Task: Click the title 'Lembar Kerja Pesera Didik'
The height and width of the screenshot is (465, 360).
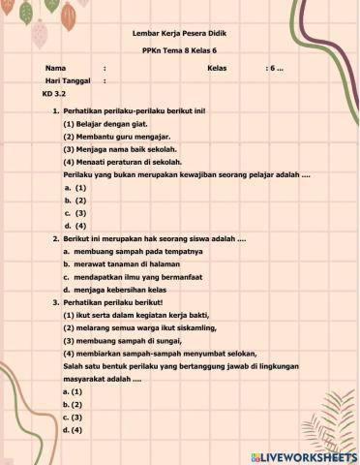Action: pos(180,32)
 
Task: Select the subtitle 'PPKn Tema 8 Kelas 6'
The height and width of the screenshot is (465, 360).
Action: pos(180,50)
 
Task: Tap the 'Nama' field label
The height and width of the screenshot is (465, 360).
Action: pos(55,69)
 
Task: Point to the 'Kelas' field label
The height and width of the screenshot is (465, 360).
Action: pos(217,69)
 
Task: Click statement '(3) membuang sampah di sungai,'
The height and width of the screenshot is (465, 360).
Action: pos(119,341)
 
